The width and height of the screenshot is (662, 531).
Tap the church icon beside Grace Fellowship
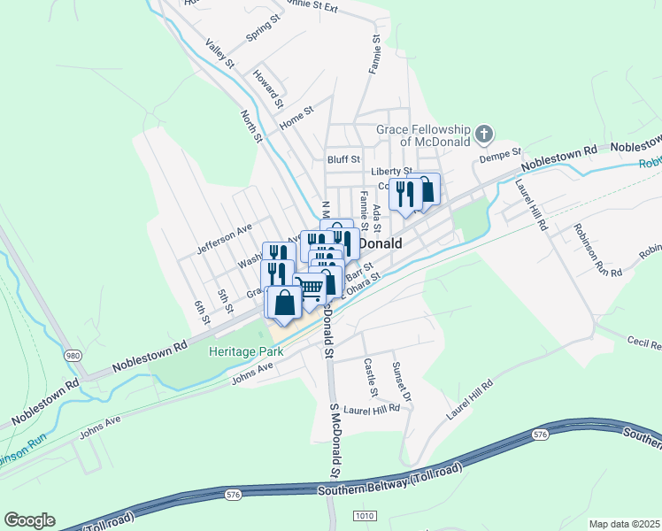point(483,135)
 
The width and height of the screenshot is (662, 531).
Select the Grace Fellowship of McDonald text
point(422,135)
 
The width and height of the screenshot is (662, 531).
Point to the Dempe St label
point(502,157)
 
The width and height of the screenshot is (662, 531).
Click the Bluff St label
point(343,160)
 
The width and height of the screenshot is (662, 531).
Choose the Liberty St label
point(392,171)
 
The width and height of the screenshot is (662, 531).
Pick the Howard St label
point(268,87)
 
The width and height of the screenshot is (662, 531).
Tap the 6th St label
point(201,312)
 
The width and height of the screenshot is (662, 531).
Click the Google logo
point(29,520)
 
